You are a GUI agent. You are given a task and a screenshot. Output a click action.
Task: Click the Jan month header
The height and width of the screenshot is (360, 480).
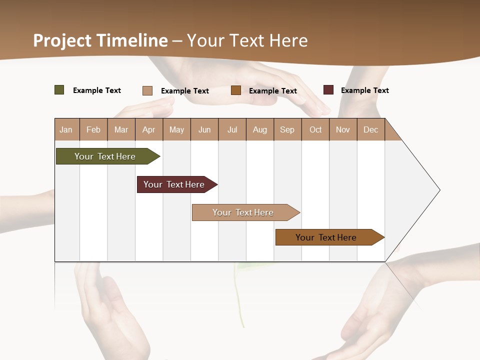(66, 129)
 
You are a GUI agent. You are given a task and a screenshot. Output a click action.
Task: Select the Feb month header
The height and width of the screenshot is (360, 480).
(93, 129)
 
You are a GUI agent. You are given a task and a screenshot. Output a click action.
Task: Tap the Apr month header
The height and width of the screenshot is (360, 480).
(149, 129)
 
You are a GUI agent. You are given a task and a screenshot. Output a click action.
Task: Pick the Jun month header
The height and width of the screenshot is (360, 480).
(204, 129)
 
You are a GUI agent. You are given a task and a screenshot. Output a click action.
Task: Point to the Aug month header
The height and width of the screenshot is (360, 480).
(260, 129)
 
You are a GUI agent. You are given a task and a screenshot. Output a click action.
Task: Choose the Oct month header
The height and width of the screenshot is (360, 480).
(315, 129)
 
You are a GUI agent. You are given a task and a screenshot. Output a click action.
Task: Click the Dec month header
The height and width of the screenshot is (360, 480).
(371, 129)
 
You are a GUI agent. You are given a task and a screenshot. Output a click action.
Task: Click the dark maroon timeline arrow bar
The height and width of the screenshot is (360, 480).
(175, 184)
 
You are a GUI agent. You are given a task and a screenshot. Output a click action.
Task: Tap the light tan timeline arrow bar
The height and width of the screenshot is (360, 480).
(244, 212)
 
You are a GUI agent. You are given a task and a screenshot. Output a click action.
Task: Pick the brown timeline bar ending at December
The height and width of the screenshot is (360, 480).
(327, 237)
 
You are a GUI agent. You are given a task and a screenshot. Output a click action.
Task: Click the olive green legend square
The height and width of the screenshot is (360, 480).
(59, 90)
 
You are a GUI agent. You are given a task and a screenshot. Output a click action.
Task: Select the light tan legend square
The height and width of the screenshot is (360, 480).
(147, 90)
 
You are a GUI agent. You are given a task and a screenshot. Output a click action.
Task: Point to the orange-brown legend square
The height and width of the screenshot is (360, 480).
(236, 90)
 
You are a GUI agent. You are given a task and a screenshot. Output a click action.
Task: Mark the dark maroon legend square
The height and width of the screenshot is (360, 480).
(328, 90)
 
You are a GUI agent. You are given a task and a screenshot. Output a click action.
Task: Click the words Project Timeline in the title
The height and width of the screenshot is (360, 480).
(100, 40)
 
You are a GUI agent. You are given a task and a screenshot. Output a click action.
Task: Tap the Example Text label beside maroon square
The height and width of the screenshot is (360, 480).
(364, 90)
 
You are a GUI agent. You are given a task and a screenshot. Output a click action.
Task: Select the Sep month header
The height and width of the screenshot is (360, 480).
(287, 129)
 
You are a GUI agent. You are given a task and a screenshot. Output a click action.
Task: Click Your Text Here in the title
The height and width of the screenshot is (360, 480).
(247, 40)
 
